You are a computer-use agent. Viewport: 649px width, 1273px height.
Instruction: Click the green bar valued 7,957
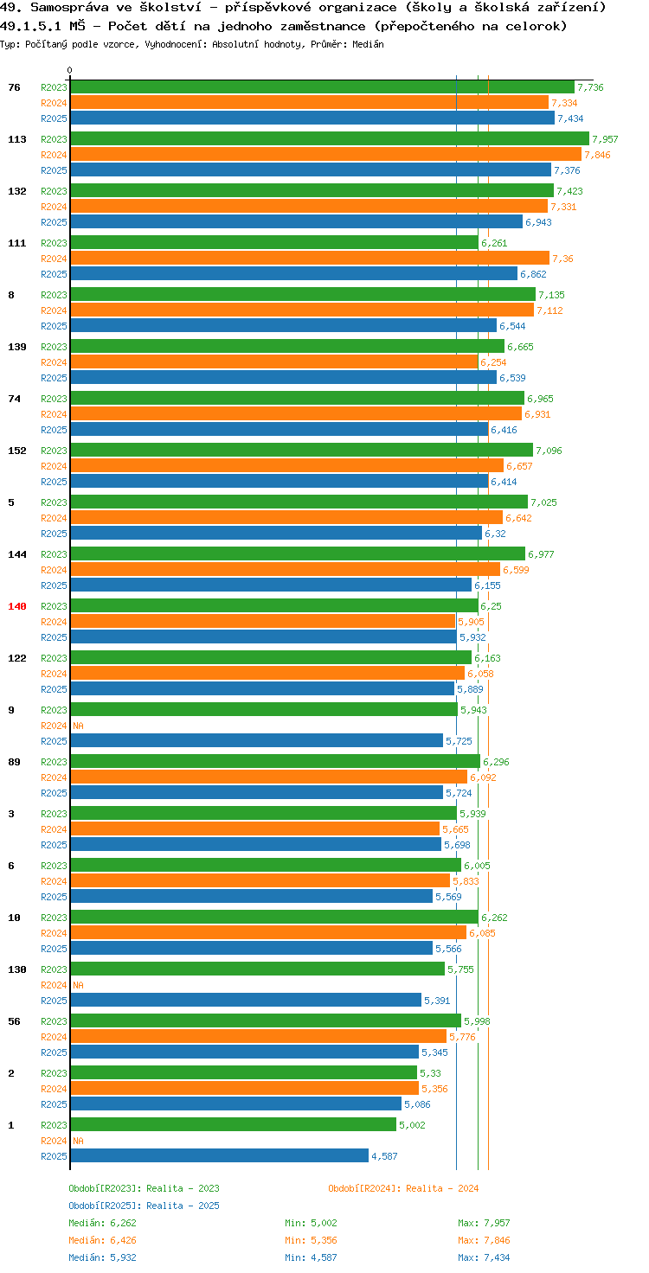pyautogui.click(x=330, y=138)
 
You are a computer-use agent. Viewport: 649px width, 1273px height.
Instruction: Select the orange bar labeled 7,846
pyautogui.click(x=326, y=155)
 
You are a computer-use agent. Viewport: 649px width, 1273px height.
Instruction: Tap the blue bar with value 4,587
pyautogui.click(x=220, y=1155)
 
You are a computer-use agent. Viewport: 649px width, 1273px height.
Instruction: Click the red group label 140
pyautogui.click(x=17, y=606)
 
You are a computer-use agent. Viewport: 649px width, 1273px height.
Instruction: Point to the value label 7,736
pyautogui.click(x=590, y=87)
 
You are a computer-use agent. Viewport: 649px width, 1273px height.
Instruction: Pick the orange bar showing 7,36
pyautogui.click(x=310, y=258)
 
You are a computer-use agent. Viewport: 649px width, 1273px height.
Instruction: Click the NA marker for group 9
pyautogui.click(x=78, y=726)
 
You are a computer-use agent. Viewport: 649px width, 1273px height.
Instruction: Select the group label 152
pyautogui.click(x=17, y=450)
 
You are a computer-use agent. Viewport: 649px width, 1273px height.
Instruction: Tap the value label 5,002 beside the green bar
pyautogui.click(x=412, y=1124)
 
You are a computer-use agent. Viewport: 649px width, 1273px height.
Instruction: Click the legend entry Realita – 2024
pyautogui.click(x=403, y=1187)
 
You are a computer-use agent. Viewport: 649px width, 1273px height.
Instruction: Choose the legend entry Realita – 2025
pyautogui.click(x=144, y=1205)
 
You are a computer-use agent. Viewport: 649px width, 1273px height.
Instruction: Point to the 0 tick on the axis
pyautogui.click(x=70, y=70)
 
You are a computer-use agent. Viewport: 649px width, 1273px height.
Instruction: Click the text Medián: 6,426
pyautogui.click(x=102, y=1239)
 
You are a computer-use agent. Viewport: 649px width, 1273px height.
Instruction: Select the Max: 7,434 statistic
pyautogui.click(x=484, y=1257)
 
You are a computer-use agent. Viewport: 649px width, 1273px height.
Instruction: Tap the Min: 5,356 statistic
pyautogui.click(x=311, y=1239)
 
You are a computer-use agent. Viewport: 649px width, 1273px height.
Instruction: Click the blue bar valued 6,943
pyautogui.click(x=296, y=221)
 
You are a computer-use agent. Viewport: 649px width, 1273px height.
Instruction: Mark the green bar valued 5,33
pyautogui.click(x=243, y=1072)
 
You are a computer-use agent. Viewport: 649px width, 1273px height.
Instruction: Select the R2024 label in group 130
pyautogui.click(x=54, y=985)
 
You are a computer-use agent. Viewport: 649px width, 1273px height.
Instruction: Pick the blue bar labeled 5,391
pyautogui.click(x=246, y=1000)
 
